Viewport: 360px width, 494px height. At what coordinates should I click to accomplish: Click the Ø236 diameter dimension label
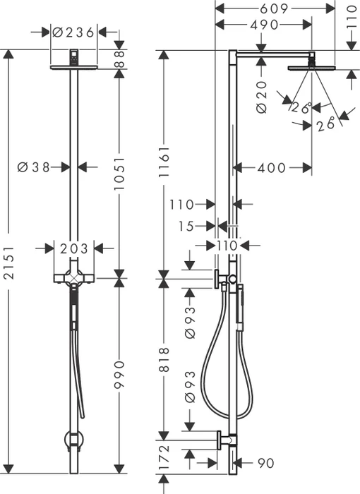coord(73,32)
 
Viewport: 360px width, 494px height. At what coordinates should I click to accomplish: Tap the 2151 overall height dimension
coord(9,263)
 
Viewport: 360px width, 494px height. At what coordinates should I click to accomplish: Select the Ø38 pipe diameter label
coord(34,167)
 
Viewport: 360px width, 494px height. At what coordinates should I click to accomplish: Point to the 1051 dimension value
coord(119,174)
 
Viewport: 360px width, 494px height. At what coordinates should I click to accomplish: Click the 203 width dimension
coord(74,248)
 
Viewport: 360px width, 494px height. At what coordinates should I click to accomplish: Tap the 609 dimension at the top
coord(274,8)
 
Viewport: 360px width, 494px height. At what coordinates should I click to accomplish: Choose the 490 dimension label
coord(264,25)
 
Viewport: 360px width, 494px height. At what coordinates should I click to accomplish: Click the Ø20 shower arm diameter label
coord(262,97)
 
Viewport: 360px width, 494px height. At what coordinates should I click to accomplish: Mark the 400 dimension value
coord(272,168)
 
